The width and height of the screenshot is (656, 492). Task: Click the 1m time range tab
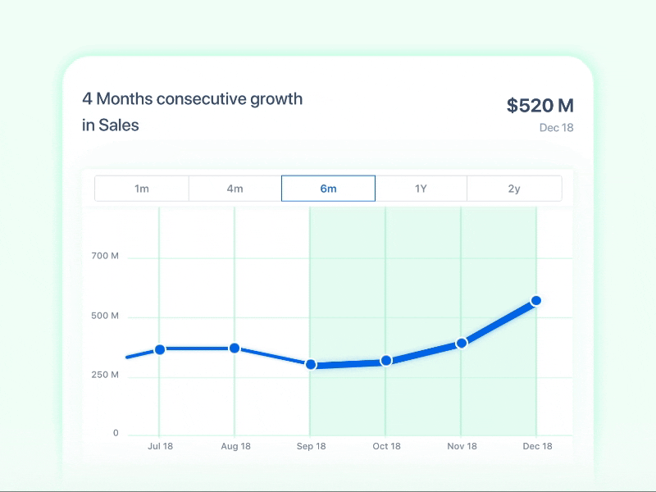(x=142, y=189)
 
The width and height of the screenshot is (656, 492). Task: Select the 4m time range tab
(x=235, y=189)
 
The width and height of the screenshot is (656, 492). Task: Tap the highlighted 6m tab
(x=328, y=189)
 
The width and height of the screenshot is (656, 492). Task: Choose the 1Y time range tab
(x=421, y=189)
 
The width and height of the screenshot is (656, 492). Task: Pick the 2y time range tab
(x=514, y=189)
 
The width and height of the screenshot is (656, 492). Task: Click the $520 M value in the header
(x=540, y=106)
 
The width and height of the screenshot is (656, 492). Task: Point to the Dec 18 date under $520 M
(x=556, y=128)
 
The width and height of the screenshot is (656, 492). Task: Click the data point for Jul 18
(x=160, y=349)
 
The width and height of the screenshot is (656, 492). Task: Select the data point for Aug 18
(x=235, y=348)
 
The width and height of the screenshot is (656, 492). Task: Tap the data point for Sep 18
(x=311, y=364)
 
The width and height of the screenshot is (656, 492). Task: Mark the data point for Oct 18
(x=386, y=361)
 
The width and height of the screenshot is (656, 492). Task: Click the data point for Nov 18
(x=462, y=343)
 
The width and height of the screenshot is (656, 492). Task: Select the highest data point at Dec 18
(x=536, y=301)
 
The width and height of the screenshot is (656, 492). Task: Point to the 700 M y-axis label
(x=105, y=257)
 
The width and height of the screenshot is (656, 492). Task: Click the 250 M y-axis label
(x=105, y=376)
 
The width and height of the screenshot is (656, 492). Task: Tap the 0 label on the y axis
(x=116, y=434)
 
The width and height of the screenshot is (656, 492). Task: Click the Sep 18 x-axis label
(x=311, y=447)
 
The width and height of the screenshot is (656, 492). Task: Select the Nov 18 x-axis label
(x=462, y=447)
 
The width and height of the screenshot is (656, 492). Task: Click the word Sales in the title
(x=119, y=125)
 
